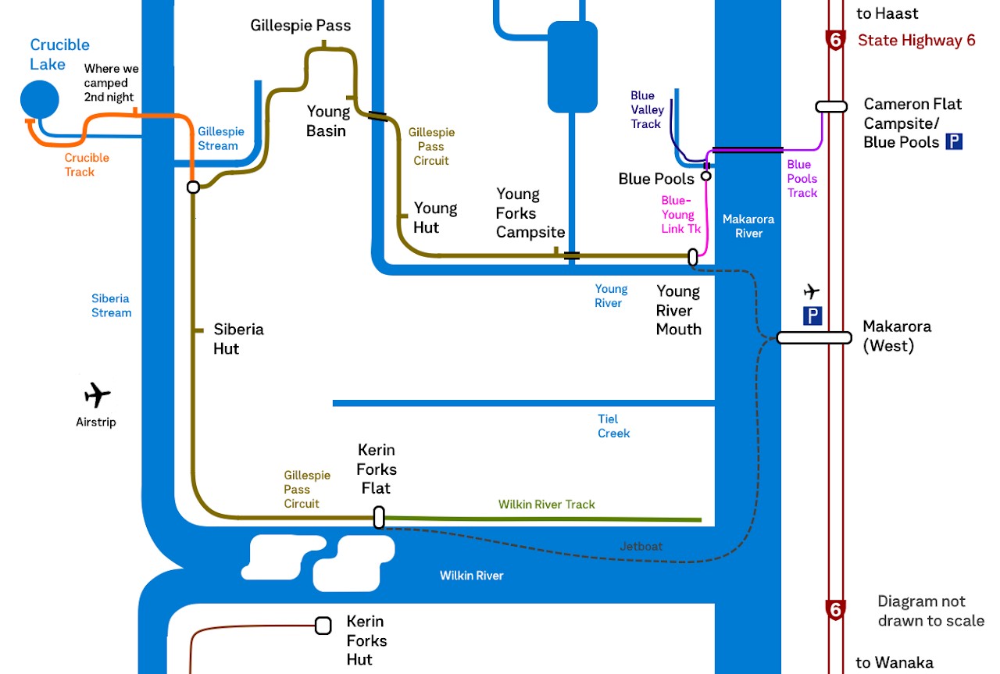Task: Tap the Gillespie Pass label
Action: [x=301, y=26]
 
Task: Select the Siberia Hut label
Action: [x=238, y=339]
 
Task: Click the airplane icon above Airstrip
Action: [x=97, y=395]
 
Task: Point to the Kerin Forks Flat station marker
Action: [x=379, y=517]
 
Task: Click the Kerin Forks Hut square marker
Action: [x=323, y=626]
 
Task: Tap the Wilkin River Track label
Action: [x=547, y=505]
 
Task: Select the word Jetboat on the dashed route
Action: [x=641, y=547]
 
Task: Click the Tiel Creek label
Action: [x=613, y=426]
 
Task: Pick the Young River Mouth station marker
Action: [x=692, y=257]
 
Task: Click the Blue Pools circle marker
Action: [x=705, y=176]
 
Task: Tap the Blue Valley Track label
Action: [x=645, y=110]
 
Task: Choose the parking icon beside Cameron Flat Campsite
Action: [x=954, y=141]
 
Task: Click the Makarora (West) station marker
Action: [x=813, y=337]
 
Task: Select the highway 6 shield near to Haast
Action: [x=836, y=40]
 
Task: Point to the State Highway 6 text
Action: [x=916, y=41]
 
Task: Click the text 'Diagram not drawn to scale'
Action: [x=930, y=611]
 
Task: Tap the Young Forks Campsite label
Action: [x=530, y=213]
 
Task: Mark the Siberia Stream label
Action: [x=111, y=305]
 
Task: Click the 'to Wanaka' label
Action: [x=894, y=663]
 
